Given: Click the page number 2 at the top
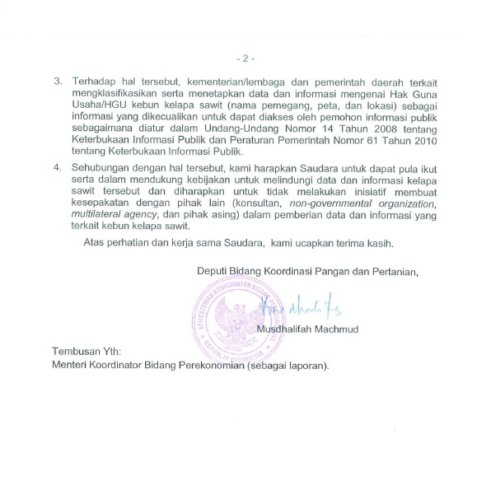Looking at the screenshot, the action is click(245, 59).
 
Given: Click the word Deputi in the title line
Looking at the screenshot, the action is click(212, 272).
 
